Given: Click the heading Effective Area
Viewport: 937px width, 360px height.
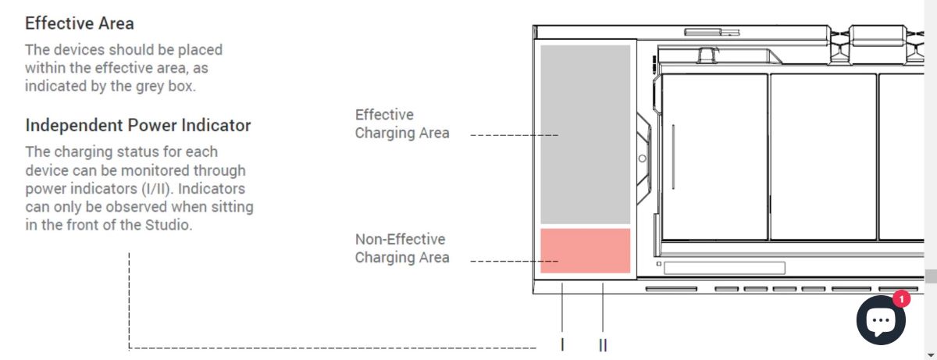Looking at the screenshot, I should (x=80, y=23).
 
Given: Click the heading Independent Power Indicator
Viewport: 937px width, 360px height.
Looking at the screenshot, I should (x=138, y=125).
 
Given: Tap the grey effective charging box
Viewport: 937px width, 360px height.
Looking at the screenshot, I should (x=585, y=134).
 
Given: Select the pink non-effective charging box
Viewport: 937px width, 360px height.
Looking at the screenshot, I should (x=585, y=250).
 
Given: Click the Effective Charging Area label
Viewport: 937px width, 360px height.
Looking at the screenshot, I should (x=401, y=124).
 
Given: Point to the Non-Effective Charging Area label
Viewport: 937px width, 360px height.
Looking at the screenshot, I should (x=401, y=248).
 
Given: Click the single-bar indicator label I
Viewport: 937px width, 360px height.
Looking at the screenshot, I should (x=563, y=344).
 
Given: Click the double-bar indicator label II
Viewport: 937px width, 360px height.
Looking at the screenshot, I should (x=603, y=344).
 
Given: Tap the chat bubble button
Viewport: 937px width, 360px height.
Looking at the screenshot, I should (x=881, y=319).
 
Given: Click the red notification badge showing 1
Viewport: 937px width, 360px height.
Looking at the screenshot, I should (x=901, y=298).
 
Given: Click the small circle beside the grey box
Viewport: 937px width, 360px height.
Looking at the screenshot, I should (x=642, y=158).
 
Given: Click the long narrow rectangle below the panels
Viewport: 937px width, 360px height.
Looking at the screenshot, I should (x=724, y=268).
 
